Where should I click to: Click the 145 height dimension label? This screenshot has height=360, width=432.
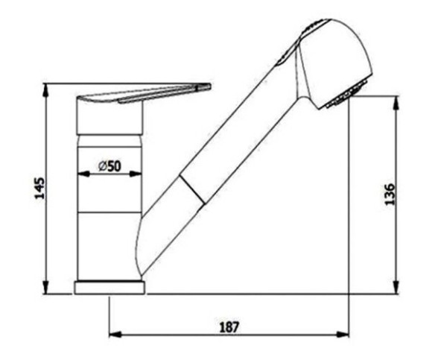[40, 188]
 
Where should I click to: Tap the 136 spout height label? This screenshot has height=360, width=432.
[390, 194]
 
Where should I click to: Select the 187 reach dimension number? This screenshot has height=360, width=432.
[229, 327]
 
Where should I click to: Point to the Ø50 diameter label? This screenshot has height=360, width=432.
[109, 166]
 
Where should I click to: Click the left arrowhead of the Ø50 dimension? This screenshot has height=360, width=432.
[83, 174]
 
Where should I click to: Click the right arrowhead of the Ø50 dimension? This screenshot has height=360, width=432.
[136, 174]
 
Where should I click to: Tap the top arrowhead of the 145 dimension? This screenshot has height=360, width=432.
[46, 89]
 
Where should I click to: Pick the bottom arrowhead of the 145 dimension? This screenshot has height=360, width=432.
[46, 288]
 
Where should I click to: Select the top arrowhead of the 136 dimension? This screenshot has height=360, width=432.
[396, 102]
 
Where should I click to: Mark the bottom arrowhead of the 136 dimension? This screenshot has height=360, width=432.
[396, 288]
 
